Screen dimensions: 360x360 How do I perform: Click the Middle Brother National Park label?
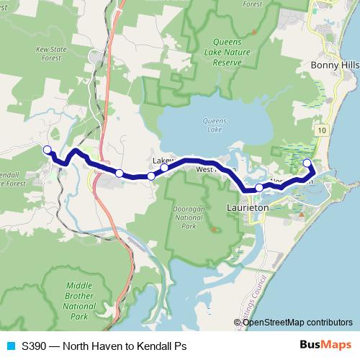(78, 300)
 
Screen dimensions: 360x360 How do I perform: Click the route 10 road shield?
(320, 130)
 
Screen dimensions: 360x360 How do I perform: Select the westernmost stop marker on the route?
(48, 150)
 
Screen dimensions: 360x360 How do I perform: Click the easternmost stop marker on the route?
(307, 163)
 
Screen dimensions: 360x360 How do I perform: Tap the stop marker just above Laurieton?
(259, 187)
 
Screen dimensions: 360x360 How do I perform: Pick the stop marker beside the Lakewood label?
(165, 168)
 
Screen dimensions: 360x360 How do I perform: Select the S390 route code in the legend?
(34, 346)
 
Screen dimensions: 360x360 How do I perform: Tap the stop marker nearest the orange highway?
(119, 173)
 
